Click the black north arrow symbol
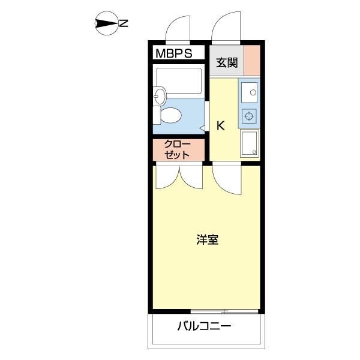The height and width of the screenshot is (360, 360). [106, 24]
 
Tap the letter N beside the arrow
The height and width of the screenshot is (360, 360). [123, 24]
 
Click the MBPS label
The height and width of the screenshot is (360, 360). [173, 53]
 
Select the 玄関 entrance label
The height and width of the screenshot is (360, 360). [227, 61]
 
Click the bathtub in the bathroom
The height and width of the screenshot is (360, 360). [178, 81]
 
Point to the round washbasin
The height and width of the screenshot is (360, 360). [159, 95]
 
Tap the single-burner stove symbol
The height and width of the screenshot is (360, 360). [249, 115]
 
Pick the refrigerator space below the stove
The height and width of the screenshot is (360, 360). [249, 144]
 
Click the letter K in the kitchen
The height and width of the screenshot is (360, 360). [220, 126]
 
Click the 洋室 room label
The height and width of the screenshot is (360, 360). [207, 240]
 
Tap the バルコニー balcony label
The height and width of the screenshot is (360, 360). [204, 327]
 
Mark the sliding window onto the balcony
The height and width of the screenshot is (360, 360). [224, 311]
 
